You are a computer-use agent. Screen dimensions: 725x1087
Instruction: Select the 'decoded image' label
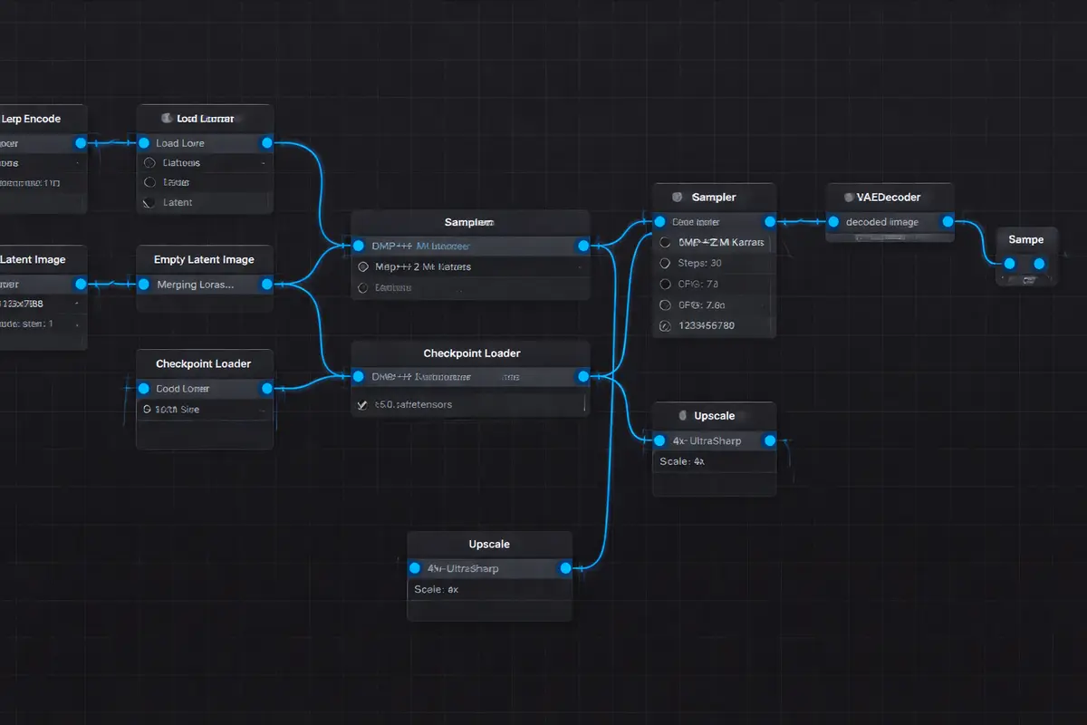point(881,222)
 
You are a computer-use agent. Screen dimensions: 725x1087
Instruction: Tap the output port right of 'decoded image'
point(948,222)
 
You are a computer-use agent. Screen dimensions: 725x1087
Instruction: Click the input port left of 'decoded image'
point(833,222)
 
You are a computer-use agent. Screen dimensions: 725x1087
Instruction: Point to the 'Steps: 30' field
point(699,263)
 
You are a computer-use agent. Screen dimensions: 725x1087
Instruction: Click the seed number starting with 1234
point(706,325)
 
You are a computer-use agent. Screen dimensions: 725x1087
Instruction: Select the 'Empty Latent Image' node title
point(204,259)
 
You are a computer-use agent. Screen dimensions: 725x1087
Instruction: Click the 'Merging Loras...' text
point(196,285)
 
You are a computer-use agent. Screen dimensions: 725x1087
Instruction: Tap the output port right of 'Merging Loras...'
point(266,285)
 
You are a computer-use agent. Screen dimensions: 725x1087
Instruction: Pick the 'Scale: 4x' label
point(682,461)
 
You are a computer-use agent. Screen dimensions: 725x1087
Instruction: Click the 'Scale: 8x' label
point(437,589)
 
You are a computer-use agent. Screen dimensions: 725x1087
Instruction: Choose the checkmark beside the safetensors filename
point(362,405)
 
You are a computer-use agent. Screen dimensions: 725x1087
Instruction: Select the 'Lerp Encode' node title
point(31,119)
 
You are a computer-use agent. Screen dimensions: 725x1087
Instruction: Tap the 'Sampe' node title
point(1025,239)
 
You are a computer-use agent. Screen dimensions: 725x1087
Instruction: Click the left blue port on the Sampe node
point(1009,264)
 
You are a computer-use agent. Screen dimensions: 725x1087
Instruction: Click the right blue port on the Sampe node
point(1040,264)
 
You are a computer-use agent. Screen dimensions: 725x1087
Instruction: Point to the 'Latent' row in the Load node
point(177,202)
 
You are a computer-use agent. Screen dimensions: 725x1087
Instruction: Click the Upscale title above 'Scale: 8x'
point(489,545)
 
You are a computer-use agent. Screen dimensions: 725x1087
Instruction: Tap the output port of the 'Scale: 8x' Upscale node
point(565,568)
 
